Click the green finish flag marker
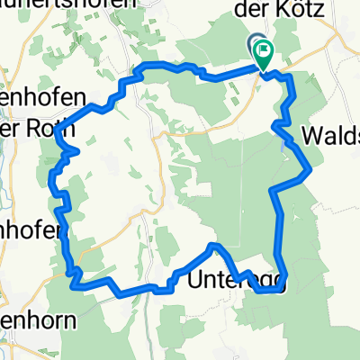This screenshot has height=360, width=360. [265, 54]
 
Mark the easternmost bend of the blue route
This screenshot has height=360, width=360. [310, 168]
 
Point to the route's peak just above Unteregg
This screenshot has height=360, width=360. [213, 245]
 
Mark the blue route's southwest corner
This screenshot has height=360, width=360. [72, 283]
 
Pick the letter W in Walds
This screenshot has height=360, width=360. [311, 135]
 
